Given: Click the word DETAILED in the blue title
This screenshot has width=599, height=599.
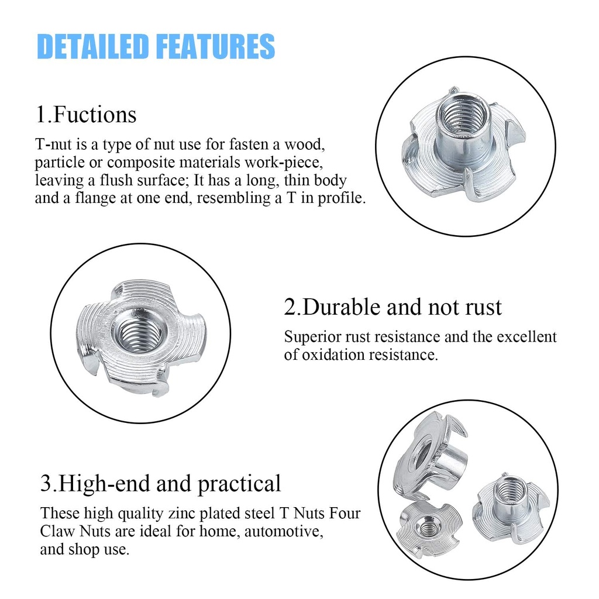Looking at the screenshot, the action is pyautogui.click(x=92, y=46).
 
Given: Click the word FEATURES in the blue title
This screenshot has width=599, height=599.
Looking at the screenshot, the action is pyautogui.click(x=216, y=46).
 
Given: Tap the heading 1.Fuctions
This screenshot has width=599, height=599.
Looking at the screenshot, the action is pyautogui.click(x=86, y=114).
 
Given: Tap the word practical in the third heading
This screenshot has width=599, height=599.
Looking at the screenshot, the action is pyautogui.click(x=239, y=484).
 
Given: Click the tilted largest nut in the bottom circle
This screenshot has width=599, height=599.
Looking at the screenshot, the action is pyautogui.click(x=430, y=456).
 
